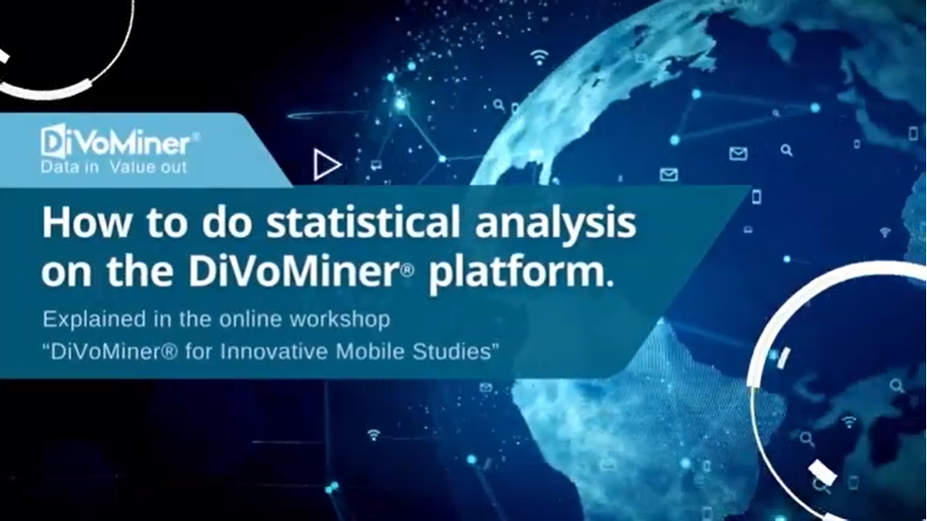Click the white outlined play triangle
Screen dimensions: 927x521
[326, 165]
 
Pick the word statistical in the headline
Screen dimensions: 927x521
[363, 223]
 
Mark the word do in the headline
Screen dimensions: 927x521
[226, 223]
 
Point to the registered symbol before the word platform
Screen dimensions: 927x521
[407, 272]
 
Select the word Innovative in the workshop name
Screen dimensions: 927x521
[274, 351]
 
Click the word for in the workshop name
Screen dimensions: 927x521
[199, 351]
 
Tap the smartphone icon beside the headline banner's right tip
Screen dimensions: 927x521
[756, 197]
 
